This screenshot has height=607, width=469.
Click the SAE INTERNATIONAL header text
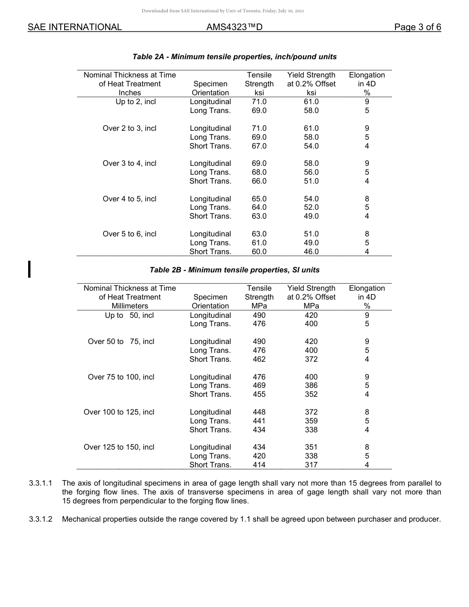pos(75,27)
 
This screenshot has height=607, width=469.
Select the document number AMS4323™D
pos(234,27)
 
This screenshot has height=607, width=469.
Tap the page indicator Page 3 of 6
pos(417,27)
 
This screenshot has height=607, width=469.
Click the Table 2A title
pos(234,57)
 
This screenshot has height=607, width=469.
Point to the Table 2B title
pos(234,270)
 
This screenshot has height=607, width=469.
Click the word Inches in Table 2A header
pos(130,93)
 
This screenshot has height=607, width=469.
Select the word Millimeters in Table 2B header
pos(130,306)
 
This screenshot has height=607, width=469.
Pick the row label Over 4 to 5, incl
pos(129,199)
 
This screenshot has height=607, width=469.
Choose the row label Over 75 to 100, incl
pos(121,377)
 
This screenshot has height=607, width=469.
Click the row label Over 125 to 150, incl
pos(119,447)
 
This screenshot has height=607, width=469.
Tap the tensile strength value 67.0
pos(259,146)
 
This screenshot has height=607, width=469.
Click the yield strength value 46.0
pos(311,252)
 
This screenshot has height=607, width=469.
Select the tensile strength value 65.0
pos(259,199)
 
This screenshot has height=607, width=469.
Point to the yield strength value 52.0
pos(311,207)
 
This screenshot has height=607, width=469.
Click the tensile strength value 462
pos(259,359)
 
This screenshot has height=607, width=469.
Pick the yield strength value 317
pos(311,465)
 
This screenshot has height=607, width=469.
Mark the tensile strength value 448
pos(259,412)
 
